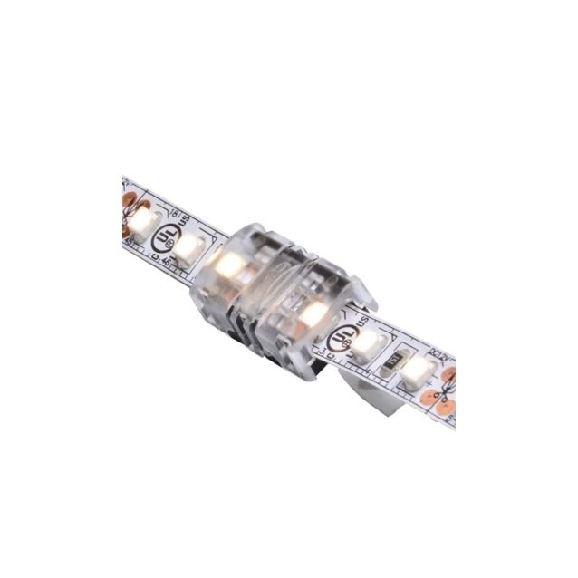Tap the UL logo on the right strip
(x=342, y=336)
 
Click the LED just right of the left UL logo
(x=188, y=246)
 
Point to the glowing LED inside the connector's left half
(x=226, y=265)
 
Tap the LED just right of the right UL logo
(x=368, y=343)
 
